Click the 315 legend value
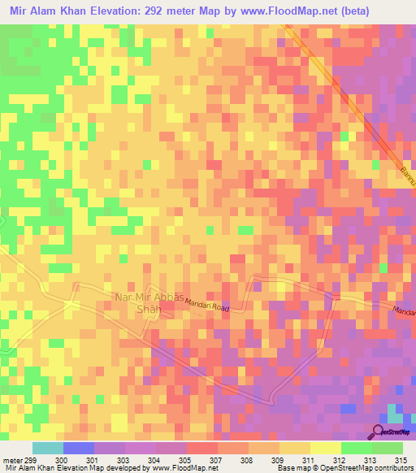point(400,460)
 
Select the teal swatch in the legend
point(47,448)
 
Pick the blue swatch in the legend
point(79,448)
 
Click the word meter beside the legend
point(12,460)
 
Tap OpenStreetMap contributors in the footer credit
point(366,469)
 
